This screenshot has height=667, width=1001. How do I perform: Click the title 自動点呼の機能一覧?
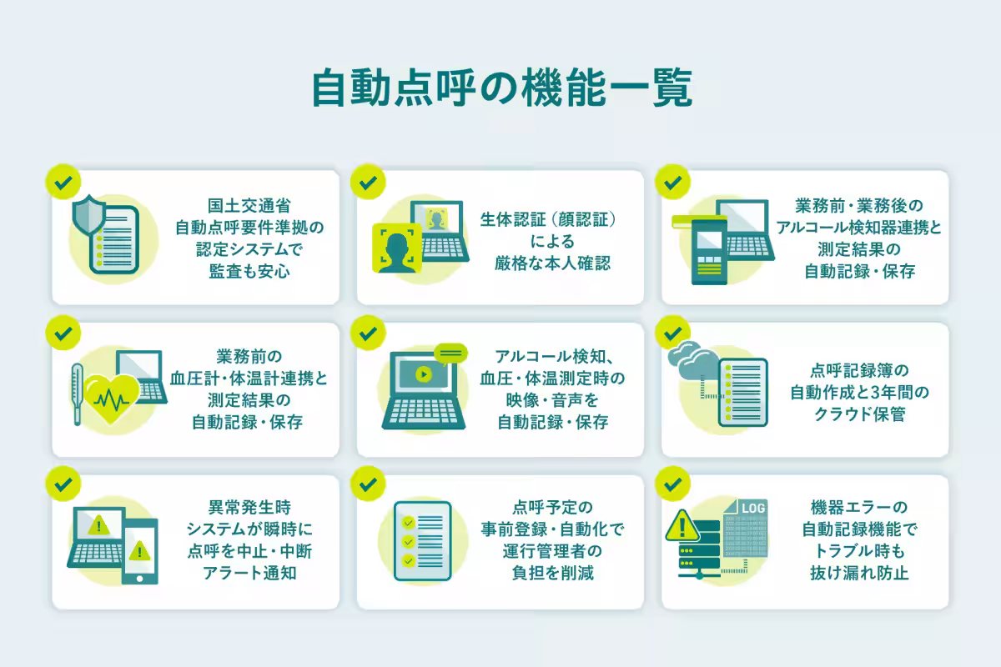pos(500,89)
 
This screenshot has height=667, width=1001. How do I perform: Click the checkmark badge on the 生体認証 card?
pos(367,181)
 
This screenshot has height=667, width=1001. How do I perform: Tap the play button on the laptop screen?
pos(423,374)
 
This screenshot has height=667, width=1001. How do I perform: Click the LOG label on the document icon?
pos(752,508)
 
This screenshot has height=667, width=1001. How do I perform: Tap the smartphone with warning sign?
pos(139,551)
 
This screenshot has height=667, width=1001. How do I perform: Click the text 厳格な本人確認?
pos(552,263)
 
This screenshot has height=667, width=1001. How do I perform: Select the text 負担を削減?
pos(552,573)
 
